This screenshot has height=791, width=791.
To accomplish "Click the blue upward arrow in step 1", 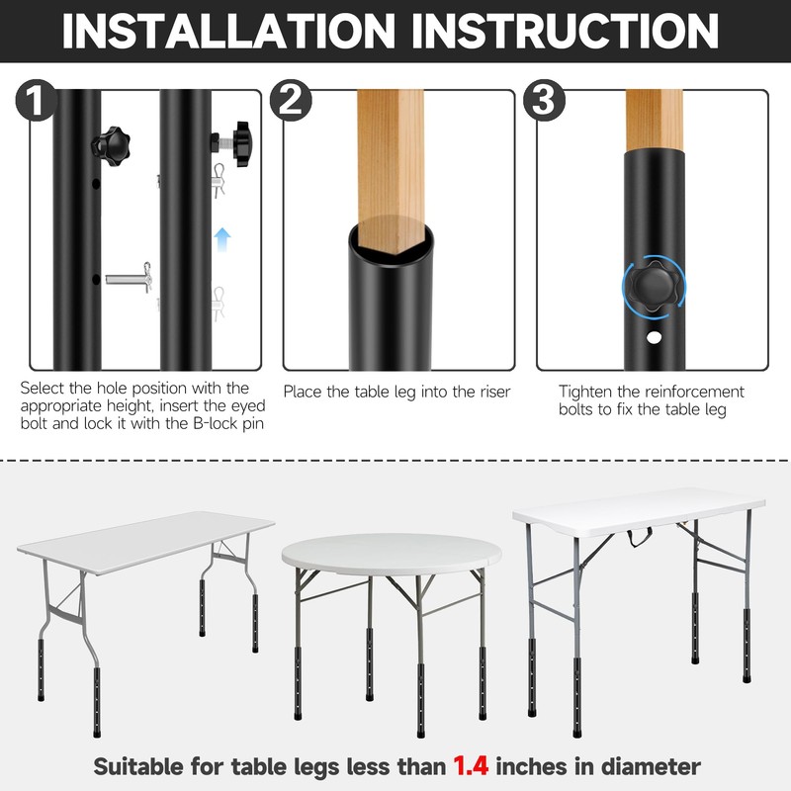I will [223, 238].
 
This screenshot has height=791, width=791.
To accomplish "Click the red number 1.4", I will [476, 764].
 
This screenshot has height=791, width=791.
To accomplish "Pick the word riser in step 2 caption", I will [491, 393].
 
